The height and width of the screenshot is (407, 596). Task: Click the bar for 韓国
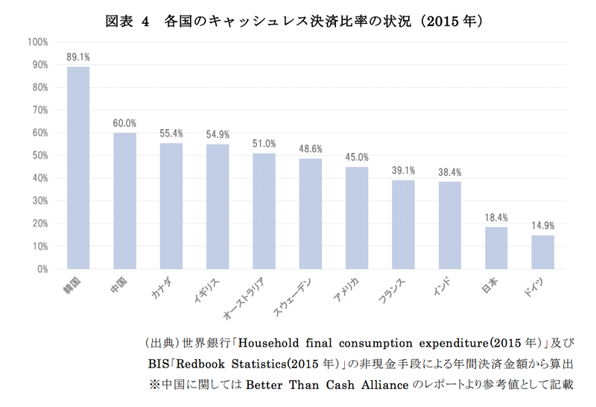78,168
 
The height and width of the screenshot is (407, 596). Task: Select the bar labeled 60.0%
124,201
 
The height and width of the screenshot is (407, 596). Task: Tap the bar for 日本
496,247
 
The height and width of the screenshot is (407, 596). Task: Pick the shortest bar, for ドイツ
542,252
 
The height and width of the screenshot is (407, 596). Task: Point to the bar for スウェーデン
311,213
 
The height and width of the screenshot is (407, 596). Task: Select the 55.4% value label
171,133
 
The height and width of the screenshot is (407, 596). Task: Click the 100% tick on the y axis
37,42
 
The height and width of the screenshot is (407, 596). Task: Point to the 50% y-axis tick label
39,155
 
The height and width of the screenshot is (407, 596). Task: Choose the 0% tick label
42,268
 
